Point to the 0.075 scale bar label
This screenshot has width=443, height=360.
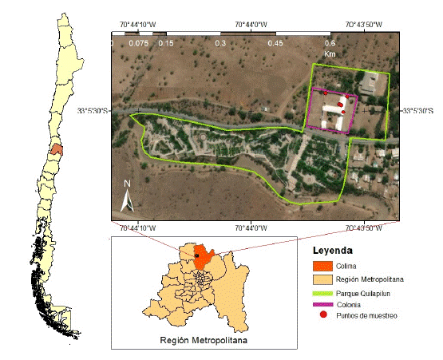click(138, 42)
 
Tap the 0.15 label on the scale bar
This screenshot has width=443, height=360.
click(166, 42)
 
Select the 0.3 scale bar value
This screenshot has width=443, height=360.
click(220, 42)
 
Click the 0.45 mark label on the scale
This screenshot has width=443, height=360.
click(275, 42)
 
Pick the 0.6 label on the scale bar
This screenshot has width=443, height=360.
click(329, 42)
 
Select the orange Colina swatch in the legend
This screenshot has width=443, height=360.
click(321, 265)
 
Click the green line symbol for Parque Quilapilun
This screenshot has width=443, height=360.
click(321, 292)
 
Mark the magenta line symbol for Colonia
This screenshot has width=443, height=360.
click(321, 304)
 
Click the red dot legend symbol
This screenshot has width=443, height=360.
click(322, 316)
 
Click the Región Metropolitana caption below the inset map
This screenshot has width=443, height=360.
click(204, 340)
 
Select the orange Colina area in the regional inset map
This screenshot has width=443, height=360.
click(206, 256)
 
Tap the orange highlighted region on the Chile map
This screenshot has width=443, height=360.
click(56, 148)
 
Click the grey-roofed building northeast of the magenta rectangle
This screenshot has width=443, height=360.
click(370, 82)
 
